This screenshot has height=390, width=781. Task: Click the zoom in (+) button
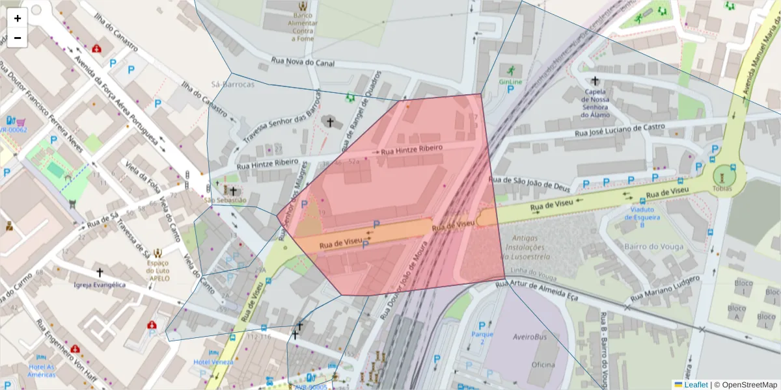pos(18,18)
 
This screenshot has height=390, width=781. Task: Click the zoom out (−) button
pos(18,38)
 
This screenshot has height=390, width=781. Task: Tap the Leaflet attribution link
pos(695,384)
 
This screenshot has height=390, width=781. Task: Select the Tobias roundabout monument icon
pos(722,175)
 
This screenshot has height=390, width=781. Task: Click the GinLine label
pos(510,82)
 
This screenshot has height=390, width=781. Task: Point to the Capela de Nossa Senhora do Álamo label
pos(595,103)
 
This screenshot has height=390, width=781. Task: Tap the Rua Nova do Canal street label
pos(303,62)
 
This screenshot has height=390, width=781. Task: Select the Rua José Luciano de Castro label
pos(620,130)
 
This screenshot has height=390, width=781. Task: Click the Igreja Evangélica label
pos(100,285)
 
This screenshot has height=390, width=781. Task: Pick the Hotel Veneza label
pos(213,361)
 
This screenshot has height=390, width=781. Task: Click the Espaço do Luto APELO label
pos(159,270)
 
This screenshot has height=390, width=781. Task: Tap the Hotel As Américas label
pos(41,370)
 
